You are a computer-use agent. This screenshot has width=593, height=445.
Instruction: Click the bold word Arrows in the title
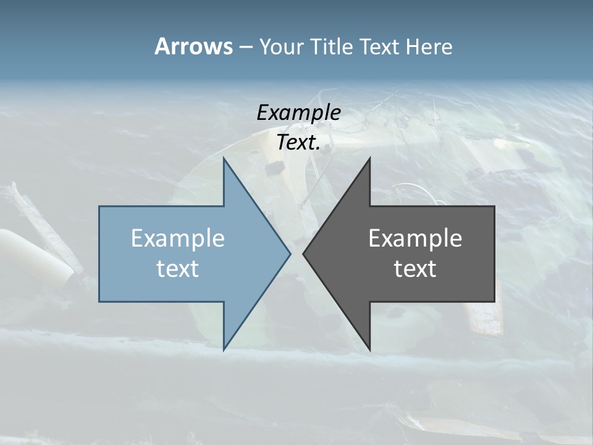(193, 46)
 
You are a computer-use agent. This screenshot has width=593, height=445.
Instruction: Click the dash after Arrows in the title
(245, 48)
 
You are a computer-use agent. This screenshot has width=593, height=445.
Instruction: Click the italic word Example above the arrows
(298, 112)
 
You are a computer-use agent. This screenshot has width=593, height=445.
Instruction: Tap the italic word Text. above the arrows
(298, 143)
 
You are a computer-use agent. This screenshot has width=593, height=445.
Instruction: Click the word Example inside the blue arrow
(178, 239)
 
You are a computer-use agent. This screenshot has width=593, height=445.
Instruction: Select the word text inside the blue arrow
(178, 269)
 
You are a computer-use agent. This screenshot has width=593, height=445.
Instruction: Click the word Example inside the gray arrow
(415, 239)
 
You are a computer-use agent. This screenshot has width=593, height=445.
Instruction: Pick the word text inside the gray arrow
(415, 269)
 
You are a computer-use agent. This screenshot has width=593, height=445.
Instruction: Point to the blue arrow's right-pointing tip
(289, 253)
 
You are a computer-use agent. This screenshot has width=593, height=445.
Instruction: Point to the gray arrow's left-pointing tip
(304, 253)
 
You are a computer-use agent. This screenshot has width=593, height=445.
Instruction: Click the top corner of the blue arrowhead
(224, 159)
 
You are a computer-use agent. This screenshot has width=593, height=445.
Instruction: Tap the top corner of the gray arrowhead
(369, 159)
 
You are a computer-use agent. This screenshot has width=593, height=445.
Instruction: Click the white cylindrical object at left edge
(31, 253)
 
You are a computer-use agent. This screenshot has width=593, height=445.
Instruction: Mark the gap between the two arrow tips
(296, 253)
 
